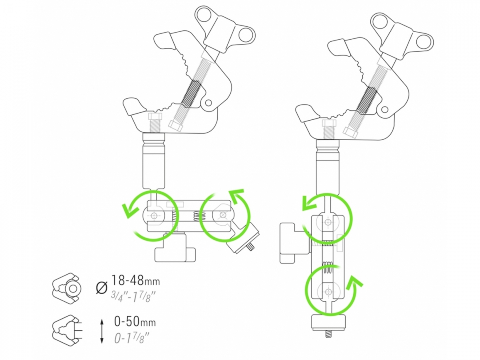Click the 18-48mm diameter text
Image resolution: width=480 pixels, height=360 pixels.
(x=135, y=280)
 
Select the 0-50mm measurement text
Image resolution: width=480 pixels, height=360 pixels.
(x=135, y=322)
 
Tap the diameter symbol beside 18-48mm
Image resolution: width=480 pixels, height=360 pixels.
(x=102, y=288)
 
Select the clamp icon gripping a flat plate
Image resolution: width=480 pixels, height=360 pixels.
(x=67, y=331)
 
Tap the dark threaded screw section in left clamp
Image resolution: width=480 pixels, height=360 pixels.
(x=191, y=94)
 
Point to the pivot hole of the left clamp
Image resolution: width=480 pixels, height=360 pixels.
(x=208, y=103)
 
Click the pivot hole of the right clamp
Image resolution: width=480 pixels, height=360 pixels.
(x=385, y=109)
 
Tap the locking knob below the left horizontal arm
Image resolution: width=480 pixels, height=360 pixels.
(x=175, y=248)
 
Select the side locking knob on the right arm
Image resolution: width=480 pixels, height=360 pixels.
(x=294, y=244)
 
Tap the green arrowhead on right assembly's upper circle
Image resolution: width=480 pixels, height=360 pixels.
(x=310, y=203)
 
